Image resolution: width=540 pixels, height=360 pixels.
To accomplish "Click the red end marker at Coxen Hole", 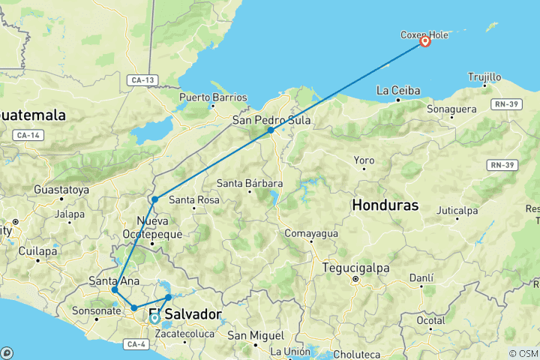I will tap(424, 42).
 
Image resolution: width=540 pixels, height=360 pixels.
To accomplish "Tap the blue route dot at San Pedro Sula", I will tap(270, 130).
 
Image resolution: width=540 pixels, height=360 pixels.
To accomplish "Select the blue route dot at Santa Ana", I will tap(115, 289).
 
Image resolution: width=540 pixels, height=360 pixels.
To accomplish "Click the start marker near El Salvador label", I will tap(154, 318).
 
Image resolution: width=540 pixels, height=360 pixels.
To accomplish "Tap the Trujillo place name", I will tap(484, 76).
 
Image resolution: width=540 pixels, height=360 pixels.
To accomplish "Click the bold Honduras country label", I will tap(385, 205).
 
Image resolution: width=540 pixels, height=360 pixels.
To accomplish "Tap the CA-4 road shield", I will tap(135, 344).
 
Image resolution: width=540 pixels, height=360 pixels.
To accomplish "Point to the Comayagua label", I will tap(311, 233).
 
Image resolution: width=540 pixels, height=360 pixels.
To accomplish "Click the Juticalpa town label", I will tap(457, 211).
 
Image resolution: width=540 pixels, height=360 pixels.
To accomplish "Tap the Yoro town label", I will tap(364, 160).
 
